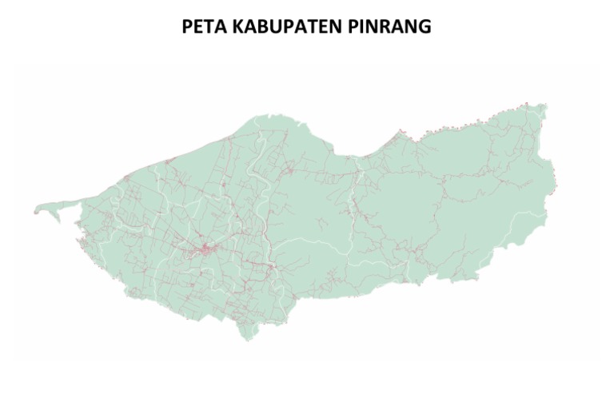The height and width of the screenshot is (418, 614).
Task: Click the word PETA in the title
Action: coord(203,26)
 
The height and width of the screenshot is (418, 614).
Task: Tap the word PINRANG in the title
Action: coord(389,26)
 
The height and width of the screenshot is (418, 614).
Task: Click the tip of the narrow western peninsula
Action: coord(36,213)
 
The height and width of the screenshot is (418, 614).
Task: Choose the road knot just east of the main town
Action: coord(272,266)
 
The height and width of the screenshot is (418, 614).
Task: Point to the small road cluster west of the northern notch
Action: coord(289,169)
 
